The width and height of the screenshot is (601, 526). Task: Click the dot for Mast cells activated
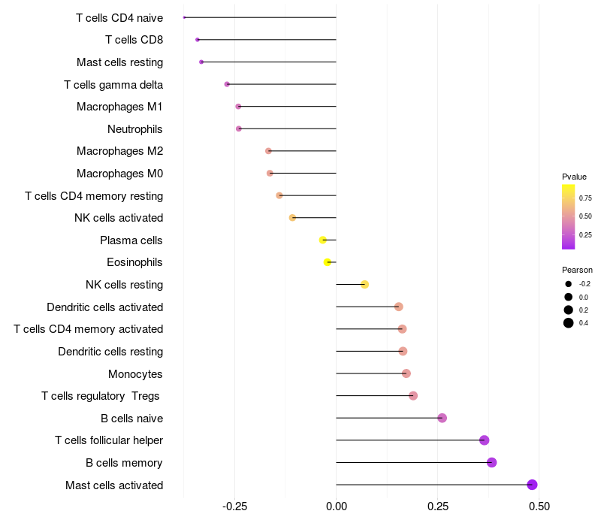(x=532, y=485)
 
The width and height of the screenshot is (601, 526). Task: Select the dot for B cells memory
(x=491, y=462)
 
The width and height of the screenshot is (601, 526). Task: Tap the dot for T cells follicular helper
(x=484, y=440)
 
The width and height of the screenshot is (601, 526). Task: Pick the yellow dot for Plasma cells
(x=323, y=240)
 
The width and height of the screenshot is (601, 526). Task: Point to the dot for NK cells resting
(x=364, y=284)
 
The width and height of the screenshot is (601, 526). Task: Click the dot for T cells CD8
(x=198, y=40)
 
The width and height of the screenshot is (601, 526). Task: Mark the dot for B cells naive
(x=442, y=418)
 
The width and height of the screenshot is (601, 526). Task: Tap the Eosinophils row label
(x=134, y=262)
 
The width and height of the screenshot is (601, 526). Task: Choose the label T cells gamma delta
(x=113, y=84)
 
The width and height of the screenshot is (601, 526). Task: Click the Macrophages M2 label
(x=119, y=151)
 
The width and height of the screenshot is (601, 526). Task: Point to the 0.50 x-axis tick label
(x=539, y=506)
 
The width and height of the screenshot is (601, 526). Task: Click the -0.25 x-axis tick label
(x=234, y=506)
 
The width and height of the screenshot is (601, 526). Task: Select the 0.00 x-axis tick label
(x=336, y=506)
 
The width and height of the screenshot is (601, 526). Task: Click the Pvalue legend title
(x=574, y=177)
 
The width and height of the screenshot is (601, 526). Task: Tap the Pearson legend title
(x=577, y=270)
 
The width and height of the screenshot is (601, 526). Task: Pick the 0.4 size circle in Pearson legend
(x=569, y=323)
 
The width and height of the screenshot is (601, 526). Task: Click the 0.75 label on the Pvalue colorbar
(x=585, y=198)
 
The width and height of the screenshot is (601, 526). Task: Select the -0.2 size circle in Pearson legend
(x=569, y=284)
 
